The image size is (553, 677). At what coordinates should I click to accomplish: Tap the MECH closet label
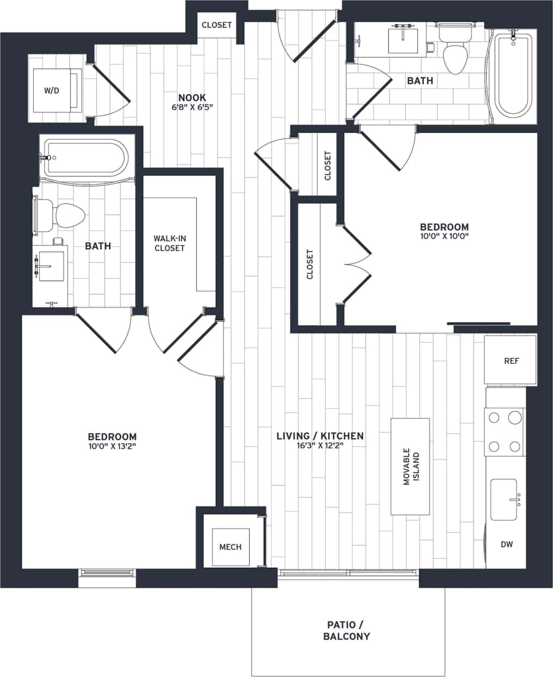(230, 547)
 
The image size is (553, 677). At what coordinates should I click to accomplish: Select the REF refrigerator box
(511, 360)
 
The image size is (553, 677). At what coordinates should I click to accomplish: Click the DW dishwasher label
(506, 544)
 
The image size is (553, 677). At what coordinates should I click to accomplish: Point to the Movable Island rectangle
(410, 467)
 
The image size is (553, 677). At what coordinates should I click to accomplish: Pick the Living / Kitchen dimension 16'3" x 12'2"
(320, 446)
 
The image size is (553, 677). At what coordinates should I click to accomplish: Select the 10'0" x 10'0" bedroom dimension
(444, 236)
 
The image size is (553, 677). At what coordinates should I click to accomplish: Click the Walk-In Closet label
(169, 243)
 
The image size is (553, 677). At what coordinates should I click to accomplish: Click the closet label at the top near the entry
(216, 25)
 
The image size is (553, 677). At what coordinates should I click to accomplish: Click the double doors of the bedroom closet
(357, 265)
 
